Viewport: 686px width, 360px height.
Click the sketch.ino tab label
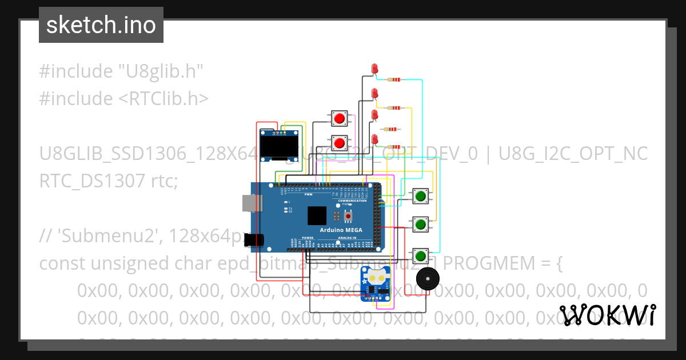click(101, 25)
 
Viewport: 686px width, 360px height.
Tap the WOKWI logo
click(608, 315)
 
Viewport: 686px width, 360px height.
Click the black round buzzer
click(426, 279)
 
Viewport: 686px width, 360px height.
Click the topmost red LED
click(374, 69)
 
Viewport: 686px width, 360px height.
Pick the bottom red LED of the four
click(375, 139)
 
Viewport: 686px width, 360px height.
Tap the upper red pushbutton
click(340, 118)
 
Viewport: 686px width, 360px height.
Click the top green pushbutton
click(421, 196)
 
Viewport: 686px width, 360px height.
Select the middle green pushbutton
click(421, 223)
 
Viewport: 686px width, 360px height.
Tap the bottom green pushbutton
click(421, 254)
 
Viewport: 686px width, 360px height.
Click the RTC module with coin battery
click(375, 284)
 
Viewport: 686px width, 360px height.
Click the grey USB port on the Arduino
click(249, 202)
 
